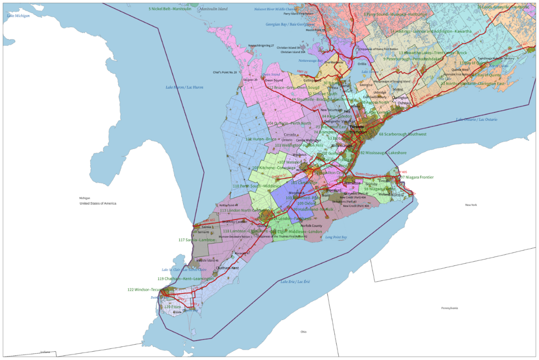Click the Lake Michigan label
click(x=18, y=16)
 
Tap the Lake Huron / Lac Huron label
click(x=184, y=87)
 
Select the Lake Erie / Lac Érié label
click(x=295, y=282)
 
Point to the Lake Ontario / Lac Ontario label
click(x=476, y=120)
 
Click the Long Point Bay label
click(x=336, y=237)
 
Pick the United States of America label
click(x=98, y=203)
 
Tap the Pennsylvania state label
click(x=449, y=308)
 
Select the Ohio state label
click(x=303, y=332)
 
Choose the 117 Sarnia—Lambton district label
click(x=196, y=240)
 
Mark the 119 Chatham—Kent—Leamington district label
click(x=186, y=279)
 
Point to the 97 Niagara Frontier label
click(x=417, y=177)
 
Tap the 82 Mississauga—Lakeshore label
click(x=383, y=153)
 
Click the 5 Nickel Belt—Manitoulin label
click(x=170, y=9)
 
